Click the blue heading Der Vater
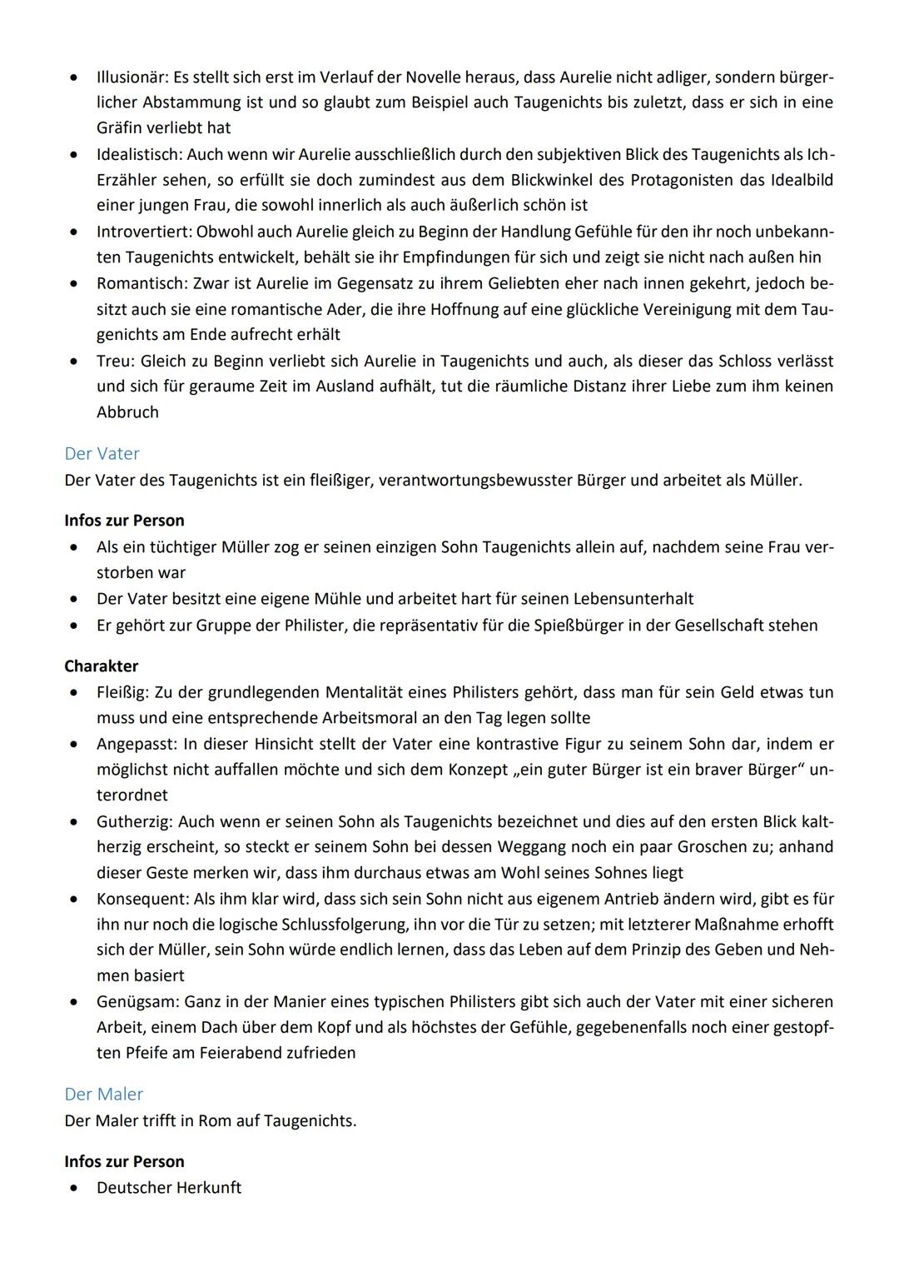(102, 454)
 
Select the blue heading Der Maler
(103, 1095)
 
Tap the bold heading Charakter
(101, 666)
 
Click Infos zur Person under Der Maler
(124, 1161)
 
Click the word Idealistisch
(138, 155)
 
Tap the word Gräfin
(119, 128)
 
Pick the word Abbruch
(127, 412)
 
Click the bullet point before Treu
(76, 362)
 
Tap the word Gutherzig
(134, 822)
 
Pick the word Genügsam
(137, 1002)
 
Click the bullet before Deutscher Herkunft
(76, 1188)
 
